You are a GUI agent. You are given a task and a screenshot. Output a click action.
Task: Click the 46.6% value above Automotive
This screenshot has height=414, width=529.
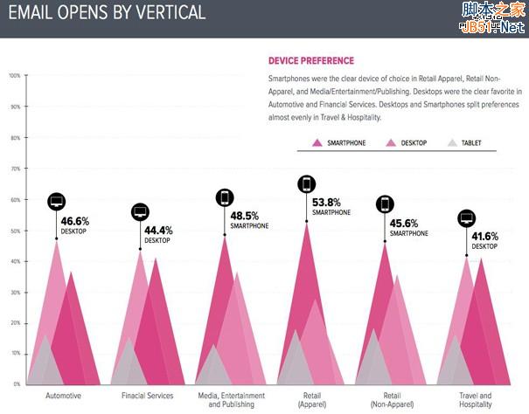point(74,222)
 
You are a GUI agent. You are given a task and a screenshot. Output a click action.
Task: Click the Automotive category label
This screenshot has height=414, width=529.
point(63,396)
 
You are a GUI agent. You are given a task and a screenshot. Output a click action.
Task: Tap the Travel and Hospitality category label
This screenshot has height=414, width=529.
point(475,400)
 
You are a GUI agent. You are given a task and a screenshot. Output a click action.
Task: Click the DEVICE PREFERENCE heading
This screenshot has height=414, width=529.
point(310,61)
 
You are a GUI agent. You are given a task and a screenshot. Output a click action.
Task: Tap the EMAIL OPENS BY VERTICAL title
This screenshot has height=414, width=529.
point(106,12)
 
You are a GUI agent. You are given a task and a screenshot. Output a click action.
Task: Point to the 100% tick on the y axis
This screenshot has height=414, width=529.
point(14,76)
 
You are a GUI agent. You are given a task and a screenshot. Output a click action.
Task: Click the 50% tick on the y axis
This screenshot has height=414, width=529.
point(15,231)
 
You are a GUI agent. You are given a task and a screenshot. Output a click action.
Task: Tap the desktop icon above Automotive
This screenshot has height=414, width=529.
point(57,202)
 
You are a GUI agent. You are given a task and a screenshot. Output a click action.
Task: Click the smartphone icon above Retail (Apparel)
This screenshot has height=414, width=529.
point(307,183)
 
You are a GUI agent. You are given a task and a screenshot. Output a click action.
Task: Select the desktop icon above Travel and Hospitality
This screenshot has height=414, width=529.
point(467,218)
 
